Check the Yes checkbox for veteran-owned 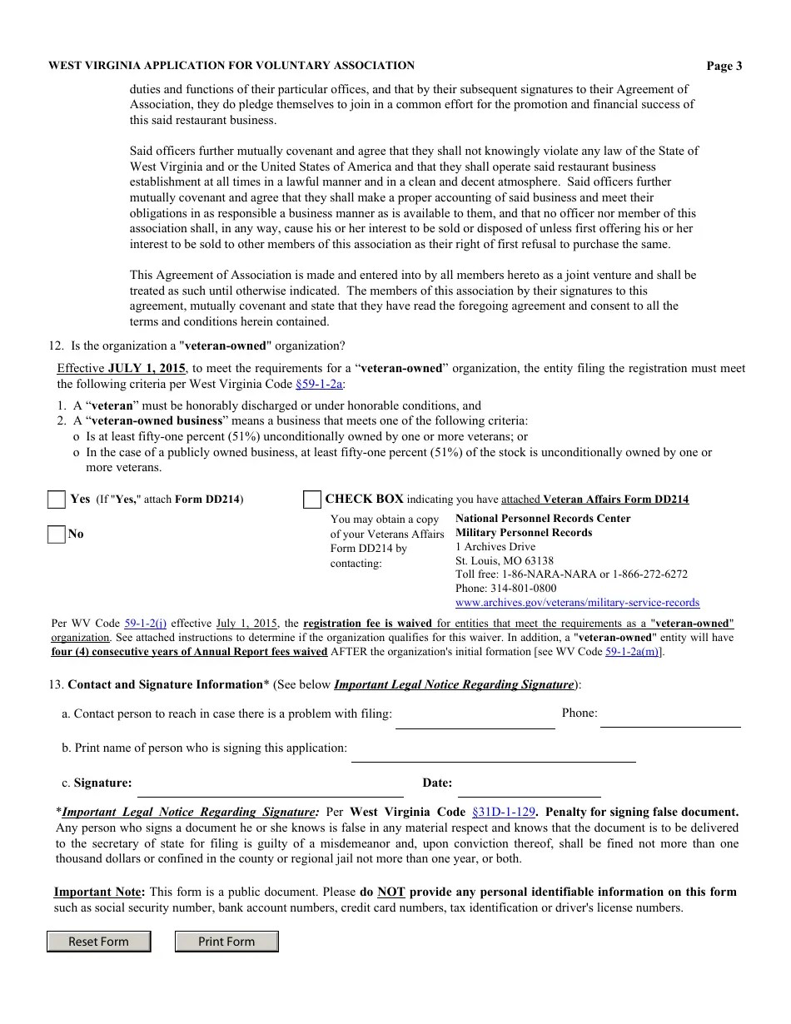(57, 500)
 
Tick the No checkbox (57, 534)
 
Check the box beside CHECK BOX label (312, 500)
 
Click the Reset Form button (98, 942)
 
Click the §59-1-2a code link (319, 385)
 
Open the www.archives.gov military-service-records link (577, 602)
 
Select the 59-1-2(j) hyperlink (146, 623)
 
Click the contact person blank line (475, 720)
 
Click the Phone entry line (670, 718)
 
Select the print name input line (493, 753)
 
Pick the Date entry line (529, 788)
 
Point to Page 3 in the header (724, 67)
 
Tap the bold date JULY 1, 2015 (147, 368)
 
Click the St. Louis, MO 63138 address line (504, 560)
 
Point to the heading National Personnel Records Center (543, 518)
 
